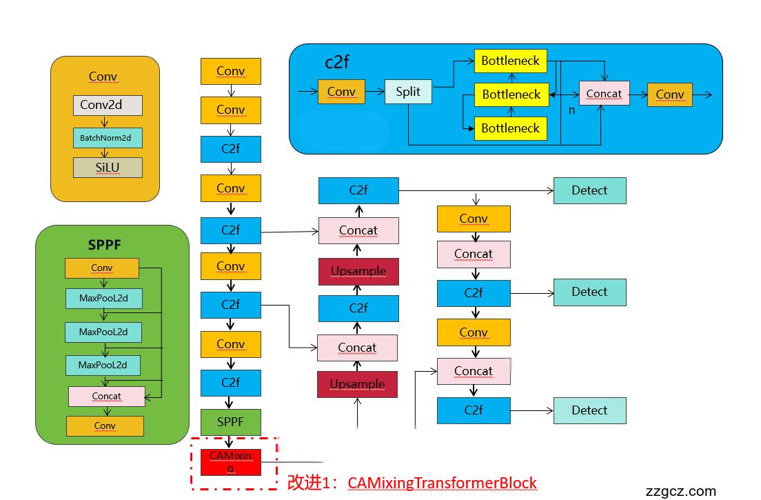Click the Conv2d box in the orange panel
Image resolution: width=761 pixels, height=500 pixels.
(108, 106)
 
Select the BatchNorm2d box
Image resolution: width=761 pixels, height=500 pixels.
(108, 138)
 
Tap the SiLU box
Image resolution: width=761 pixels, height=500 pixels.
(108, 168)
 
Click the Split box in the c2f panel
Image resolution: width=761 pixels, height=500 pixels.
(408, 92)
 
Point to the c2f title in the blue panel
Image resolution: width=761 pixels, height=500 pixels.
(337, 62)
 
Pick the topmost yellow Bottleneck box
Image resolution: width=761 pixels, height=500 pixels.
(511, 61)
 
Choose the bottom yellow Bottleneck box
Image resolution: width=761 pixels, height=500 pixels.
(511, 128)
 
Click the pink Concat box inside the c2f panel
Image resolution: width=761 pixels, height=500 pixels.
(604, 94)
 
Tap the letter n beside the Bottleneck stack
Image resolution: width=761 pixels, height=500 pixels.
(571, 110)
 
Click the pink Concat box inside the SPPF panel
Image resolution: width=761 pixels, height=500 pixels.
(107, 397)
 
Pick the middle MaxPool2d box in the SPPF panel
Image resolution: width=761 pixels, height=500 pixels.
(103, 332)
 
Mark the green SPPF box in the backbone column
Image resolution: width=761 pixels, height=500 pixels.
(231, 421)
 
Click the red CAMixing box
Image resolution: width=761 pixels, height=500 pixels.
(231, 461)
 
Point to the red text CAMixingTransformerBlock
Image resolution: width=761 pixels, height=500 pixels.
(442, 483)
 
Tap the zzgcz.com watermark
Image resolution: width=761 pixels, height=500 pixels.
(680, 491)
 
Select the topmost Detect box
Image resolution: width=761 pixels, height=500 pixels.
(589, 190)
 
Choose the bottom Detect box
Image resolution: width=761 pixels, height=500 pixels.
(589, 410)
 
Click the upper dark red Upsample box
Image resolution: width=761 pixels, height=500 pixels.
(358, 271)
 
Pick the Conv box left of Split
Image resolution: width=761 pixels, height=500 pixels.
(341, 92)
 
